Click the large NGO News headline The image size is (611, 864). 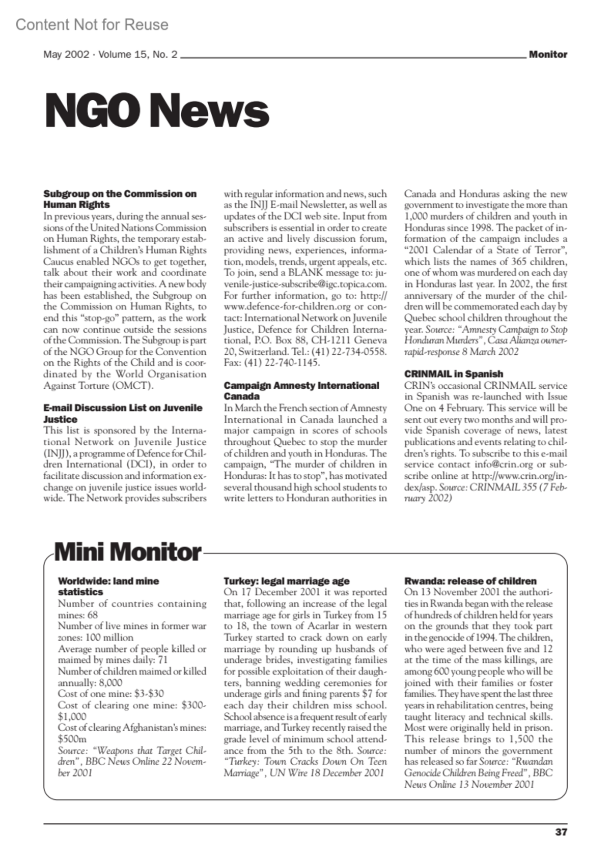pyautogui.click(x=156, y=111)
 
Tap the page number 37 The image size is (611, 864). pyautogui.click(x=561, y=832)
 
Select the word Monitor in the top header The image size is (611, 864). pyautogui.click(x=547, y=54)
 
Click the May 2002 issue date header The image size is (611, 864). pyautogui.click(x=110, y=54)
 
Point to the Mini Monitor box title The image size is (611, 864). pyautogui.click(x=127, y=552)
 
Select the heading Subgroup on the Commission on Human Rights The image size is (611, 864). pyautogui.click(x=120, y=199)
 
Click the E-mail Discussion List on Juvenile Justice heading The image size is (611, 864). pyautogui.click(x=122, y=413)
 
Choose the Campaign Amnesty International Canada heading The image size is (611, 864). pyautogui.click(x=301, y=391)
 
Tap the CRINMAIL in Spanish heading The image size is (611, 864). pyautogui.click(x=454, y=374)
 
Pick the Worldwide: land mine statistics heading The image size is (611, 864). pyautogui.click(x=108, y=586)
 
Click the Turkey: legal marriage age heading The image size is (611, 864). pyautogui.click(x=287, y=581)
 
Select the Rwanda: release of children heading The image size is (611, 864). pyautogui.click(x=470, y=581)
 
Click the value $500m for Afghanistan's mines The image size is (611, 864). pyautogui.click(x=72, y=739)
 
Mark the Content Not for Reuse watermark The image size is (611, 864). pyautogui.click(x=92, y=24)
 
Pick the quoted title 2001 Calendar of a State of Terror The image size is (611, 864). pyautogui.click(x=486, y=250)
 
